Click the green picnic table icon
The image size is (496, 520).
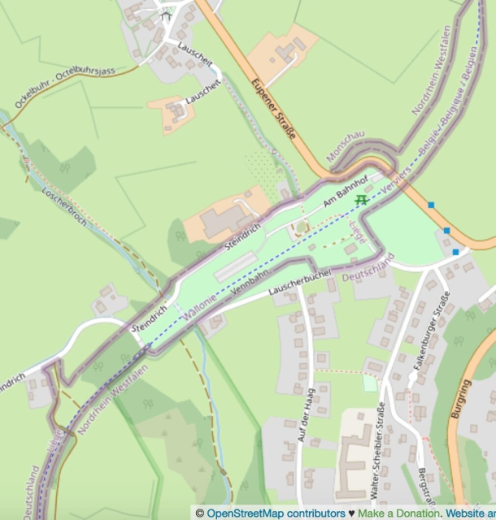pos(361,200)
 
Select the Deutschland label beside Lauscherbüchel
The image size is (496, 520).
pos(368,268)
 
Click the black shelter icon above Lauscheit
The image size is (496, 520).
pos(167,15)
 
